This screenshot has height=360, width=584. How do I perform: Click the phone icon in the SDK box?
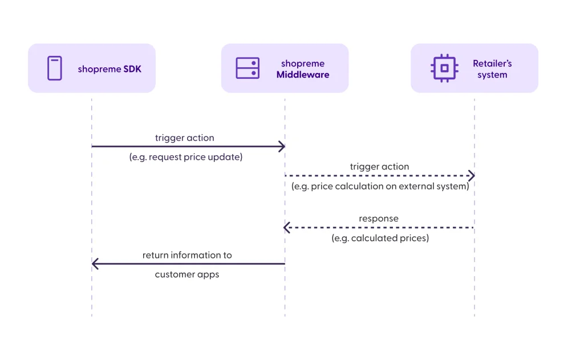[x=54, y=68]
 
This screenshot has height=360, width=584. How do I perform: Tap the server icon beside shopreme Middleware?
[x=248, y=68]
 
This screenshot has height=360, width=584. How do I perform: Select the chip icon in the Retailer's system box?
[x=445, y=68]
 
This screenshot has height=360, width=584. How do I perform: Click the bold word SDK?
[x=132, y=70]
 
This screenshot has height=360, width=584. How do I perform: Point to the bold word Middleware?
[x=303, y=75]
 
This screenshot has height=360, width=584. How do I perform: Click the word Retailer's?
[x=492, y=64]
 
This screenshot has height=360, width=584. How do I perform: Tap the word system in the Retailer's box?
[x=492, y=75]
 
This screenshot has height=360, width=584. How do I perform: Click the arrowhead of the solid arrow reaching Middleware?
[x=281, y=147]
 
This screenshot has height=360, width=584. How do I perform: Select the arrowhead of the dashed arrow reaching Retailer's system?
[x=471, y=176]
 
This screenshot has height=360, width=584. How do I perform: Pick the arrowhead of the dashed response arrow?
[x=287, y=228]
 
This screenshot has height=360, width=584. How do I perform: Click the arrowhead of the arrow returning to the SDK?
[x=95, y=264]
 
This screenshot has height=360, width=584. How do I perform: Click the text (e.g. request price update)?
[x=186, y=157]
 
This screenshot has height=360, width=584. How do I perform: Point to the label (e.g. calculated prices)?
[x=380, y=238]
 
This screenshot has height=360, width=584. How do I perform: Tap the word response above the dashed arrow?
[x=379, y=219]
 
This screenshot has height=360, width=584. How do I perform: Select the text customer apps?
[x=187, y=274]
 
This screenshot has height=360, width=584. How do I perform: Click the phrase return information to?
[x=187, y=255]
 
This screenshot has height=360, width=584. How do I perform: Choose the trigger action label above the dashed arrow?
[x=379, y=167]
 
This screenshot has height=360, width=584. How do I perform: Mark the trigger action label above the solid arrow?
[x=185, y=137]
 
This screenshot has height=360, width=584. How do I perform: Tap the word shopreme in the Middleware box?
[x=303, y=63]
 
